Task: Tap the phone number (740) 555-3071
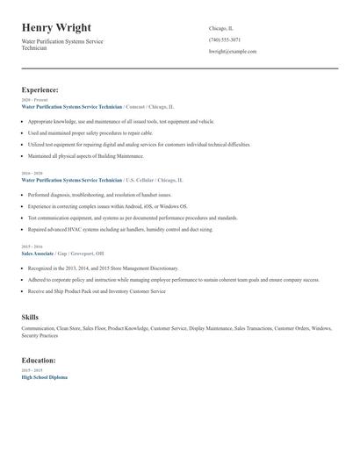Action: click(225, 39)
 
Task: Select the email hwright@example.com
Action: click(233, 52)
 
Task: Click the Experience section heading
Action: click(40, 89)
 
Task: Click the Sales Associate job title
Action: click(38, 253)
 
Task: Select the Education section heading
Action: click(40, 360)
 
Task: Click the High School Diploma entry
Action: click(44, 376)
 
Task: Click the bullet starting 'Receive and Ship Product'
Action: click(97, 290)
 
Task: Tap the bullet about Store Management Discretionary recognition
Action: click(103, 268)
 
